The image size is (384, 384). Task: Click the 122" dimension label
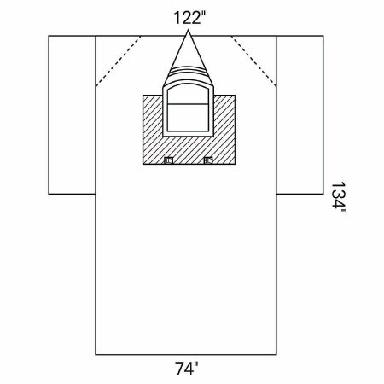point(189,18)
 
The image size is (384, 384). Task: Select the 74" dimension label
point(186,369)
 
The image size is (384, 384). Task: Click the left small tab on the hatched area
point(169,160)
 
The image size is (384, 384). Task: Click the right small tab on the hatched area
point(208,160)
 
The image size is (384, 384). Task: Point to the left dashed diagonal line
point(119,61)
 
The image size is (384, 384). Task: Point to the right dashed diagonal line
point(253,61)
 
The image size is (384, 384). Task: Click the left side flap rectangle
point(72,115)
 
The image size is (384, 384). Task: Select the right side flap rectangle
point(300,115)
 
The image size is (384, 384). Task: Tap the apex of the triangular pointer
point(188,30)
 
